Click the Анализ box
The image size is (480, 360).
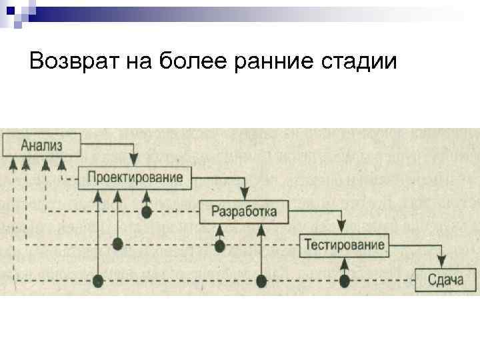pos(42,145)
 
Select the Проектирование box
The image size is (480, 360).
pos(135,177)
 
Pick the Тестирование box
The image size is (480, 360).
pos(345,245)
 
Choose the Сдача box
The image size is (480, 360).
pos(446,279)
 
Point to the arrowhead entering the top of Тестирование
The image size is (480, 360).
pos(342,229)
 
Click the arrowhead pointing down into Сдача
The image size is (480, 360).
pos(441,263)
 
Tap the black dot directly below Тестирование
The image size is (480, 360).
pos(345,281)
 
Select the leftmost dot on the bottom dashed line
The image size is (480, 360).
pos(99,281)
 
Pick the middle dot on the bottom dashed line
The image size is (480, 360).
pos(262,281)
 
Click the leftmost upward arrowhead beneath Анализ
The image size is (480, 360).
pos(13,163)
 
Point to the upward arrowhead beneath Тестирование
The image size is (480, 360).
pos(345,261)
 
